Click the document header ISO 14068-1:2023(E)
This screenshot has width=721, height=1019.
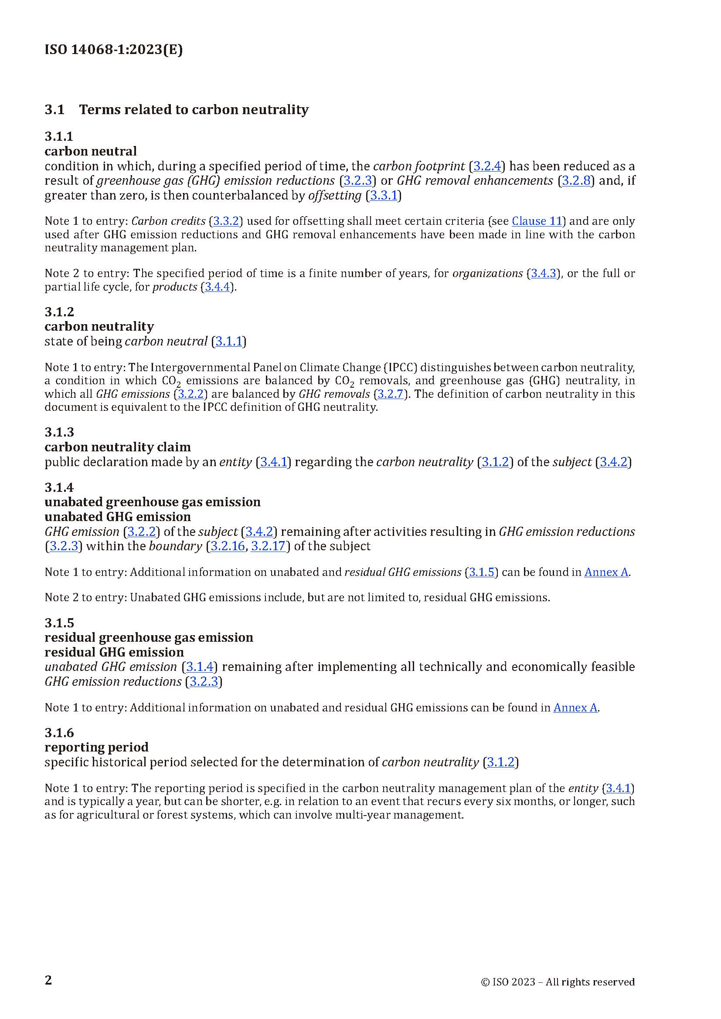click(x=113, y=50)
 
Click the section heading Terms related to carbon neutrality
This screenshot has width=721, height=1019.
click(x=194, y=110)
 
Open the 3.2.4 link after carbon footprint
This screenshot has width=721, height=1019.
click(x=487, y=166)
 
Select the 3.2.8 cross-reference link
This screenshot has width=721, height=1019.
click(x=576, y=181)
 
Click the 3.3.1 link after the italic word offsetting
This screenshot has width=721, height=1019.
click(x=384, y=196)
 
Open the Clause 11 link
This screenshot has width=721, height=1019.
click(x=537, y=221)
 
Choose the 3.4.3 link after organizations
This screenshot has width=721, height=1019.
click(x=544, y=274)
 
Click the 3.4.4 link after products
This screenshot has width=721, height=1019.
click(x=217, y=287)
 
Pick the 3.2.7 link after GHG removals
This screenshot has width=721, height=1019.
click(x=390, y=394)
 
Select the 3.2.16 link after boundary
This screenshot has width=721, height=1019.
click(x=228, y=546)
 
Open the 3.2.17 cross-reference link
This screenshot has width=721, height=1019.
click(x=268, y=546)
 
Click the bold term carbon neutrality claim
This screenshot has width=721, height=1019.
click(x=118, y=447)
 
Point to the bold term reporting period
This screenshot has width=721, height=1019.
click(x=96, y=747)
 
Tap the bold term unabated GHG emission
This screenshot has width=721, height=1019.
click(x=118, y=517)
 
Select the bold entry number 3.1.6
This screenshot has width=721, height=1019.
click(x=59, y=732)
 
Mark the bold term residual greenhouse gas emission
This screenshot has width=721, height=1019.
click(x=149, y=637)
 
